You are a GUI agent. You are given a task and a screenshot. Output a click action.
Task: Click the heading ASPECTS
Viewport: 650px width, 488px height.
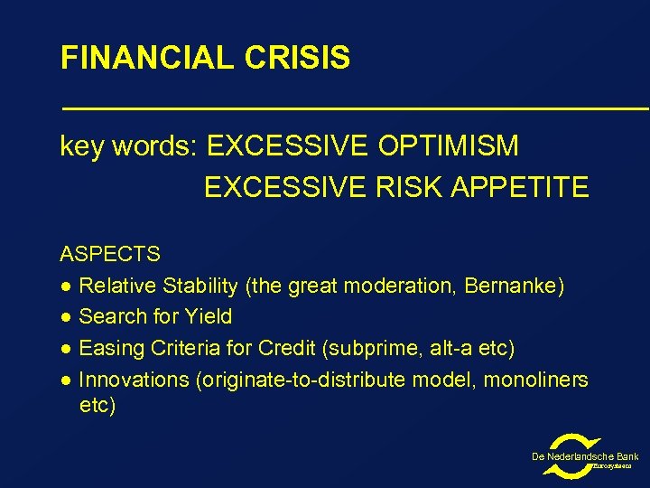[x=110, y=255]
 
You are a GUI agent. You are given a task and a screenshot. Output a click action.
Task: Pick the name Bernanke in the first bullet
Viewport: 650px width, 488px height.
[x=514, y=286]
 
